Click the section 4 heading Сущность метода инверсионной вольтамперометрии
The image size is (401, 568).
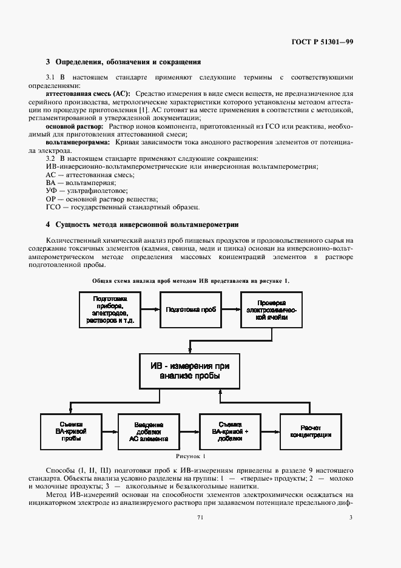pos(143,225)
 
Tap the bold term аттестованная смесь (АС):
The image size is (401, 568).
pos(89,94)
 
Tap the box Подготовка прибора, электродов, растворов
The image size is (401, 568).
pos(109,309)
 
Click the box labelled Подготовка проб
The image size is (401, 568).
pos(190,309)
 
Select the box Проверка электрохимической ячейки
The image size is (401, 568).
pos(271,309)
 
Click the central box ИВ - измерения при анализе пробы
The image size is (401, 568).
pos(190,371)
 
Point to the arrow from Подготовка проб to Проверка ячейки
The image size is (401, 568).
pos(230,309)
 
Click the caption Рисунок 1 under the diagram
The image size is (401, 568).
pos(191,456)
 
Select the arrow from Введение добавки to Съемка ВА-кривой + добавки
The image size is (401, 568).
pos(190,431)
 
